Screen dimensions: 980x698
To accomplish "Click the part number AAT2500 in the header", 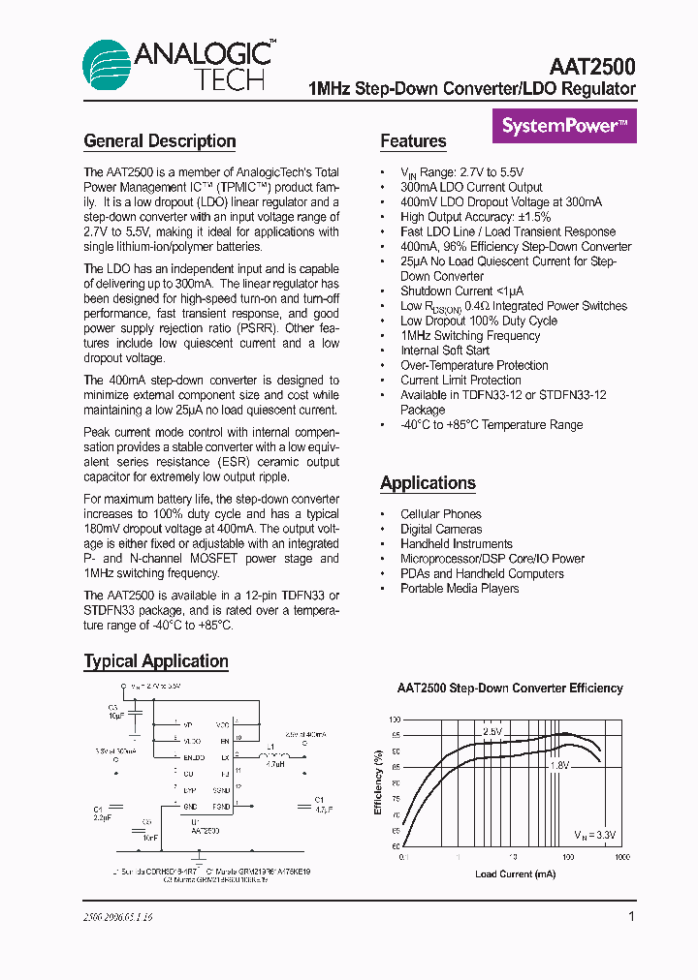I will [591, 67].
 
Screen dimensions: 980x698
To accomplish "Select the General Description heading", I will [160, 141].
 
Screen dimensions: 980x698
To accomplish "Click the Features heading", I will [413, 141].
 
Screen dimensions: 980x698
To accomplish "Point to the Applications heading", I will [428, 483].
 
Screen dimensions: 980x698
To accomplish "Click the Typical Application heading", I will [156, 661].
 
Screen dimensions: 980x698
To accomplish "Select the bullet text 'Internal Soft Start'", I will [445, 351].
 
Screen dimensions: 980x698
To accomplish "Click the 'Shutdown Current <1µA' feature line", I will [461, 291].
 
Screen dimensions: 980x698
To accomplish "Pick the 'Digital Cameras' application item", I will [441, 529].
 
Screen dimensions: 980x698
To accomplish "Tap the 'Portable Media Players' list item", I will [460, 589].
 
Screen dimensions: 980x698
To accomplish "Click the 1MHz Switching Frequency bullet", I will [470, 335].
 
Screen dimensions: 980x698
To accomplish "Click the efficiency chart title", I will [510, 689].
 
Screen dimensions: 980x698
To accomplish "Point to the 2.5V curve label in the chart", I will [492, 732].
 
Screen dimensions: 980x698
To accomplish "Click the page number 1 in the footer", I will [631, 916].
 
